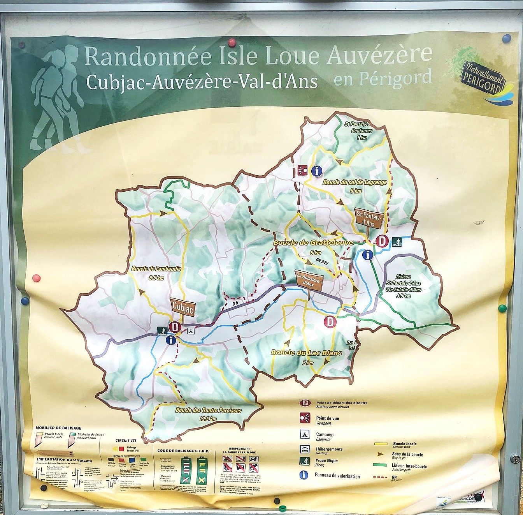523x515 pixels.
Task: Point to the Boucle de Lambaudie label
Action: coord(156,269)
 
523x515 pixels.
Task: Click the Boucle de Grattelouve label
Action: coord(313,243)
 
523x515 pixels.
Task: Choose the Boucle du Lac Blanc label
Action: coord(306,353)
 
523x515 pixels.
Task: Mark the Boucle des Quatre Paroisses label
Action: coord(208,410)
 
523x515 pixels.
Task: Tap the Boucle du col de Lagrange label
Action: coord(355,182)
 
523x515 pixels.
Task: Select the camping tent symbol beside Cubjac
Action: coord(190,331)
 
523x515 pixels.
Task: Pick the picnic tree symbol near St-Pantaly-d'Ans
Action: coord(397,242)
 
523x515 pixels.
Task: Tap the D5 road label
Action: coord(234,303)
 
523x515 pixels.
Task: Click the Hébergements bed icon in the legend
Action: coord(304,449)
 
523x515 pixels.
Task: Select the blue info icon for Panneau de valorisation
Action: coord(304,475)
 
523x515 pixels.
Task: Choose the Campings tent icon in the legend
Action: coord(304,434)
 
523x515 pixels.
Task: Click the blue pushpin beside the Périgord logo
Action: coord(506,39)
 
